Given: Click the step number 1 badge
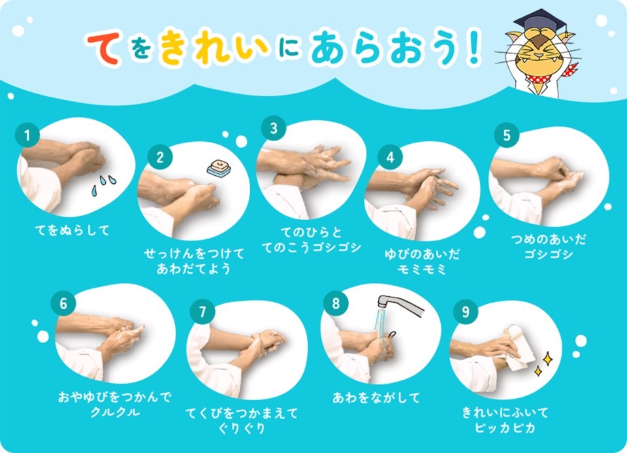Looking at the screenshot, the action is tap(27, 135).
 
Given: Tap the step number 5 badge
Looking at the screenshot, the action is tap(507, 135).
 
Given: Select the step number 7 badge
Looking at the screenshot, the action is tap(202, 311).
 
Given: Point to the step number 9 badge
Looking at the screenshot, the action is tap(466, 311).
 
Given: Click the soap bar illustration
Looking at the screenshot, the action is tap(219, 168).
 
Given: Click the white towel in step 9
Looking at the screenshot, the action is tap(519, 347).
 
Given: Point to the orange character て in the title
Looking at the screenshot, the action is tap(104, 50).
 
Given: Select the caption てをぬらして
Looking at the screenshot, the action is tap(72, 231).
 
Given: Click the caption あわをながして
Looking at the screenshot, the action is tap(376, 398).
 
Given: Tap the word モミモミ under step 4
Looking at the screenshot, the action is tap(422, 269).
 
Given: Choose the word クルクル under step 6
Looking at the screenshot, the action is tap(115, 412).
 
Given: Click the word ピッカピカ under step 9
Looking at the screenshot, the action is tap(505, 428).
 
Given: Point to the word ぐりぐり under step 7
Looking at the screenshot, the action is tap(242, 429).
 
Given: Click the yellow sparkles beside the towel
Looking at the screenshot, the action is tap(544, 363).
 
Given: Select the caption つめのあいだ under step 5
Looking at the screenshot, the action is tap(549, 239).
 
